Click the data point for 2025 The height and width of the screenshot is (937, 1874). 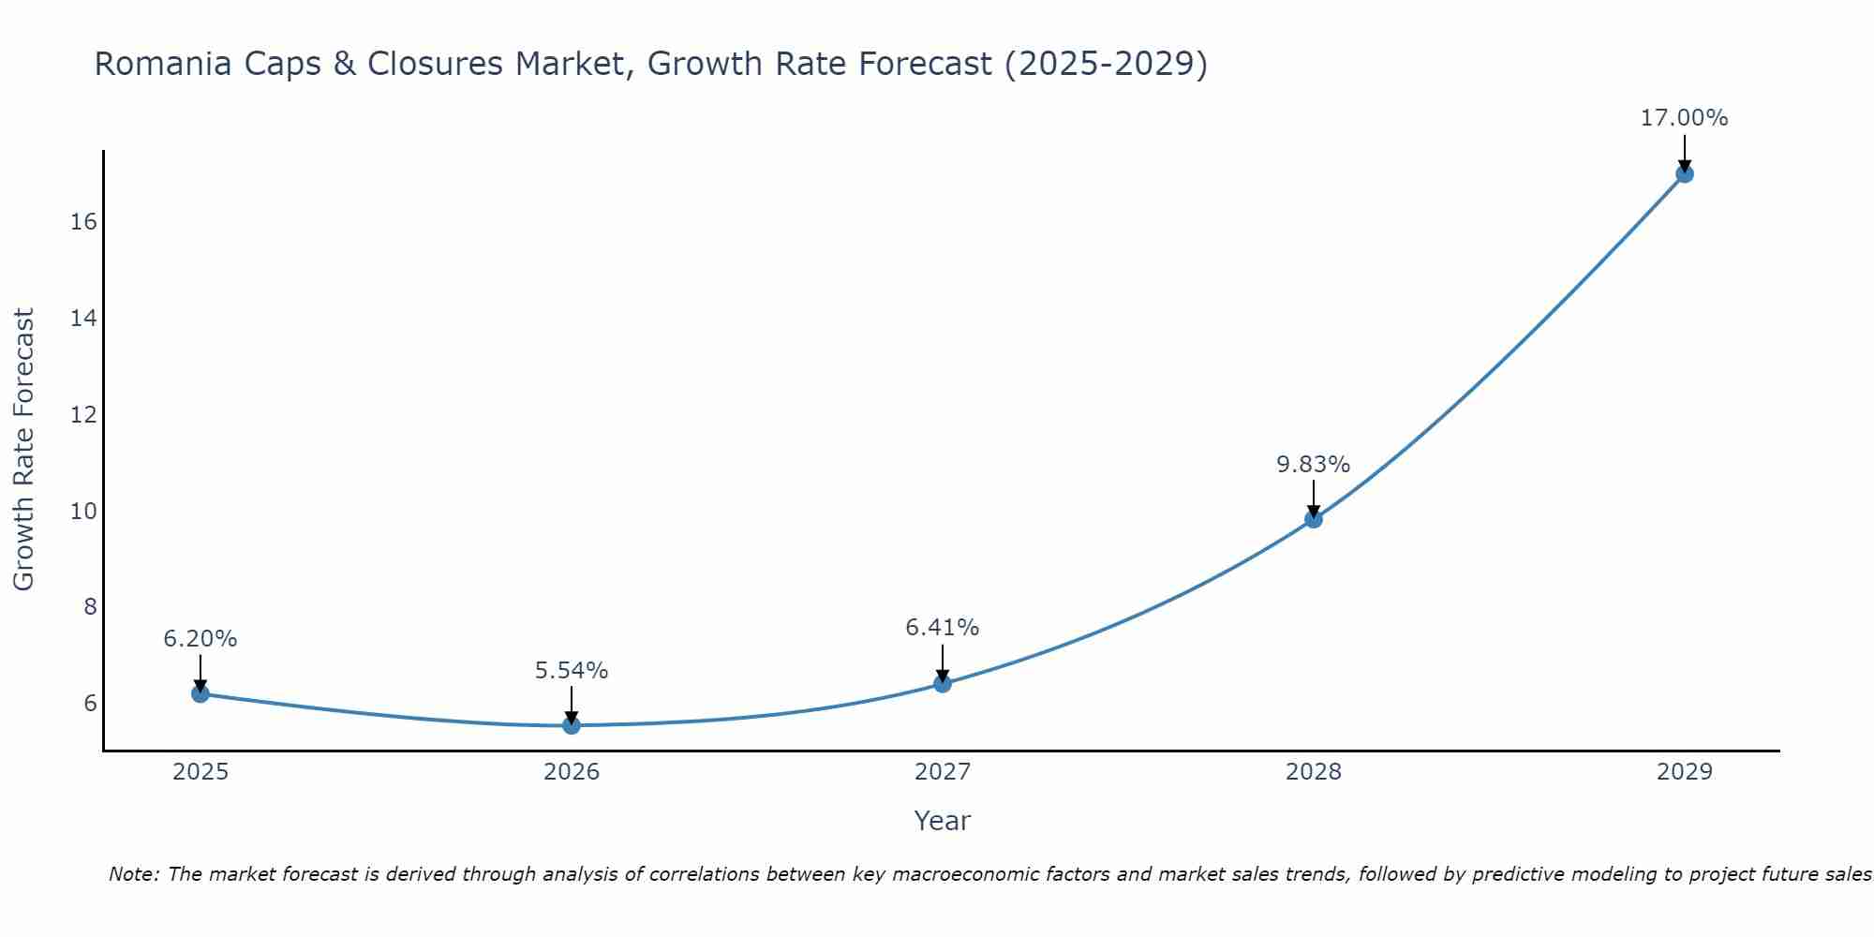tap(201, 693)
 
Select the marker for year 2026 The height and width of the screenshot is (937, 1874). tap(572, 725)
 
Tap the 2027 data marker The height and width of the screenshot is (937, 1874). tap(943, 683)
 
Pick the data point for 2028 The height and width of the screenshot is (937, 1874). tap(1314, 518)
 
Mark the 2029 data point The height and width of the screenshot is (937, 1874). tap(1685, 173)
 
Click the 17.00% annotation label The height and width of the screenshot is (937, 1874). tap(1684, 118)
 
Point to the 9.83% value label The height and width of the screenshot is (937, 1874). tap(1313, 464)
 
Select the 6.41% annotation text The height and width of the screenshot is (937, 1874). tap(942, 627)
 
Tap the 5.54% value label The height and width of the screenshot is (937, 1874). tap(571, 670)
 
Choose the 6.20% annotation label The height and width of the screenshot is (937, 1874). tap(200, 638)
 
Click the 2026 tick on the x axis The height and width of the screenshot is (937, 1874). tap(572, 772)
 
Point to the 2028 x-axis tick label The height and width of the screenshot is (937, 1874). tap(1314, 772)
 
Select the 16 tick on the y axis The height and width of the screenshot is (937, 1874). tap(83, 222)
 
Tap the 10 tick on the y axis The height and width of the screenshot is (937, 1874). tap(83, 511)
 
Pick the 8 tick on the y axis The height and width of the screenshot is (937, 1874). tap(90, 607)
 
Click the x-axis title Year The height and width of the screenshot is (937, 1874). tap(942, 821)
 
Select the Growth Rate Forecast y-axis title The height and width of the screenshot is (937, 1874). tap(23, 450)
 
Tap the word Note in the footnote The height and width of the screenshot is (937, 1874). tap(134, 874)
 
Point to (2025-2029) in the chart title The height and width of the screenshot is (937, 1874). tap(1106, 64)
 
